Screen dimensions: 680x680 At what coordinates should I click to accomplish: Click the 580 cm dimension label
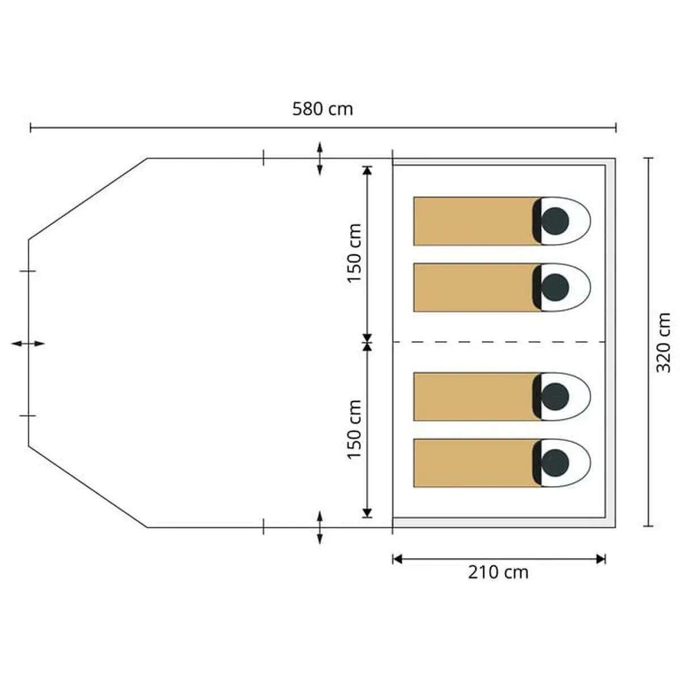322,109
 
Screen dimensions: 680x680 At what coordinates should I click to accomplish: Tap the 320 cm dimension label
663,342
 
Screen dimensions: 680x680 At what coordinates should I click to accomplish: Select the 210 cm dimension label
498,572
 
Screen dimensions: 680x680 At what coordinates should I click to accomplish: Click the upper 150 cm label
355,253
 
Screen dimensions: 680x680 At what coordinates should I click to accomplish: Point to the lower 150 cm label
355,429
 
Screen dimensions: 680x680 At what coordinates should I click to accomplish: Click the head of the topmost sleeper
554,221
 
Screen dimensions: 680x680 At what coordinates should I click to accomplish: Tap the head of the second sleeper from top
554,288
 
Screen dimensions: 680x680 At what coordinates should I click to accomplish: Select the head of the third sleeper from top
554,397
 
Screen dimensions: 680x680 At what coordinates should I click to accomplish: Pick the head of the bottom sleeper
554,464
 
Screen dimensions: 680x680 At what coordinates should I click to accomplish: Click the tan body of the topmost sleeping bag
473,221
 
